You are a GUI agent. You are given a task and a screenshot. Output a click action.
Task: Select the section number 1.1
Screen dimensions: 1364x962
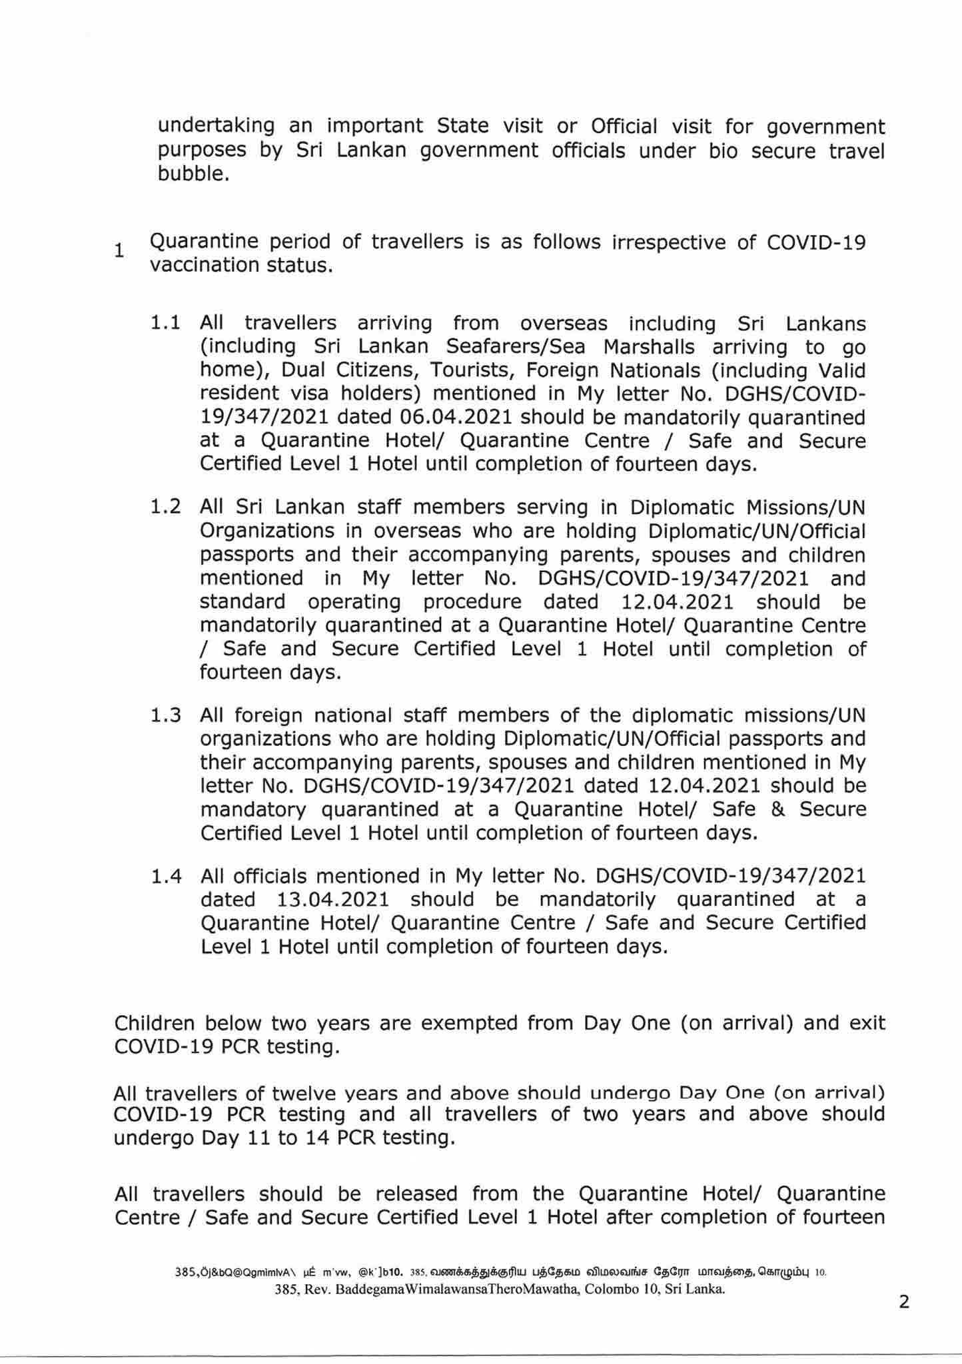[166, 324]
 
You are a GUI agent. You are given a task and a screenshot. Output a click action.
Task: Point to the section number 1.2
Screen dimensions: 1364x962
[166, 508]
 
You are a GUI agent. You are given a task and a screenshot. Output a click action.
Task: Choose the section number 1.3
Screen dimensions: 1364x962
[166, 716]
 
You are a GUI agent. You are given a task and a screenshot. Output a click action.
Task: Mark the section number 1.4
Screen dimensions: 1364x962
[166, 876]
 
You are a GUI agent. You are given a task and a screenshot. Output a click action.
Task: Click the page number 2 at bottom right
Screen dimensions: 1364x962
[904, 1302]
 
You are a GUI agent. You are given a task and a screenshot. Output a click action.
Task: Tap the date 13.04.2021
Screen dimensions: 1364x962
[332, 900]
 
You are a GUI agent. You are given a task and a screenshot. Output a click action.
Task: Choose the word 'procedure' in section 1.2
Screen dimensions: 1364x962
[472, 602]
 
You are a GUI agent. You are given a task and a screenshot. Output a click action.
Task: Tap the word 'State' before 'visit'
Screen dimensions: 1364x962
[464, 127]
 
